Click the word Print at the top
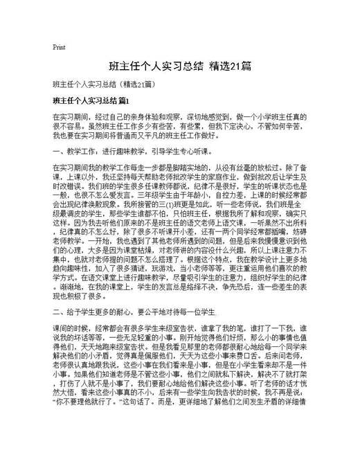[x=58, y=47]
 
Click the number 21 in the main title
[x=235, y=66]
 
